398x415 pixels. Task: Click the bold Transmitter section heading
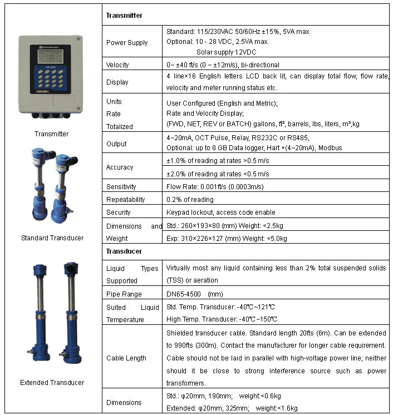click(124, 16)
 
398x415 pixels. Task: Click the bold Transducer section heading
click(124, 251)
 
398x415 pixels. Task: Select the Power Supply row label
click(127, 43)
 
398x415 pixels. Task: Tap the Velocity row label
click(117, 65)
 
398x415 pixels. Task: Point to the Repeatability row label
click(125, 199)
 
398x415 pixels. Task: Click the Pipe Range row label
click(124, 294)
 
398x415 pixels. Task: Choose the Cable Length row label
click(126, 358)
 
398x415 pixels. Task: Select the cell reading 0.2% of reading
click(190, 199)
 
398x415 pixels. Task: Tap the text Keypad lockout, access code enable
click(220, 212)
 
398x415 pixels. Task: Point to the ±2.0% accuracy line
click(222, 174)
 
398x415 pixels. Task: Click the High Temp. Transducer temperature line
click(222, 319)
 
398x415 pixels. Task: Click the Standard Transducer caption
click(52, 238)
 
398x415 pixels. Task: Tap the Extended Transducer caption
click(52, 383)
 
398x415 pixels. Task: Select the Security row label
click(118, 212)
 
